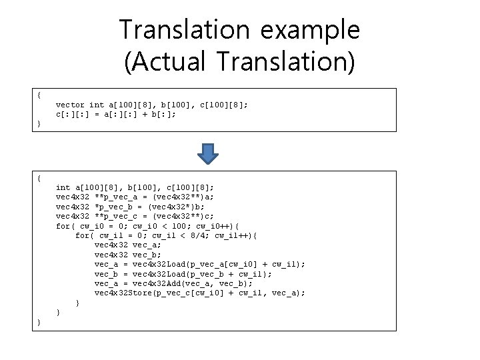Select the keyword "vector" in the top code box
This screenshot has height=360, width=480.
click(x=70, y=105)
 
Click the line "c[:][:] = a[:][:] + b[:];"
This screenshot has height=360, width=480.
click(x=117, y=114)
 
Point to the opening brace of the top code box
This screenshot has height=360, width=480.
click(x=39, y=95)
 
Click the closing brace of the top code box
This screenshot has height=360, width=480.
click(x=39, y=124)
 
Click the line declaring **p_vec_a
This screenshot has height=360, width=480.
click(x=135, y=198)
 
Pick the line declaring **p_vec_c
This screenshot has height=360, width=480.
click(x=135, y=217)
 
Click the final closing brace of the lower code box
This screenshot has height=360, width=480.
click(x=39, y=322)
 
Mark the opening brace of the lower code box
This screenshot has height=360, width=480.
click(x=39, y=179)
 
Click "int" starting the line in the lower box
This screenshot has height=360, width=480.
click(x=63, y=189)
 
